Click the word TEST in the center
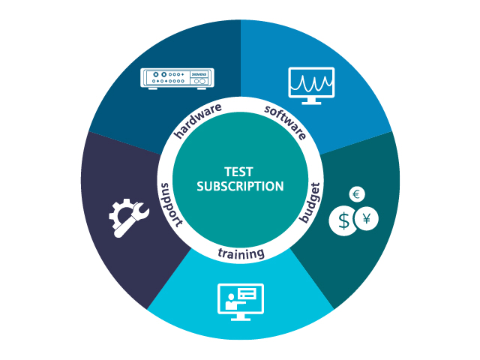(240, 171)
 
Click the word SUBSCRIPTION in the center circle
(240, 186)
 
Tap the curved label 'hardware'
(197, 121)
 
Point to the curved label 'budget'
(310, 202)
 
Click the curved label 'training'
(241, 253)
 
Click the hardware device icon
(178, 78)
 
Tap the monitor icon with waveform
(311, 84)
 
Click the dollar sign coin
(343, 221)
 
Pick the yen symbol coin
(367, 219)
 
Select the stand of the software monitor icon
(311, 100)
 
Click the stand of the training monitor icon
(240, 317)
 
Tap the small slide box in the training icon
(247, 293)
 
